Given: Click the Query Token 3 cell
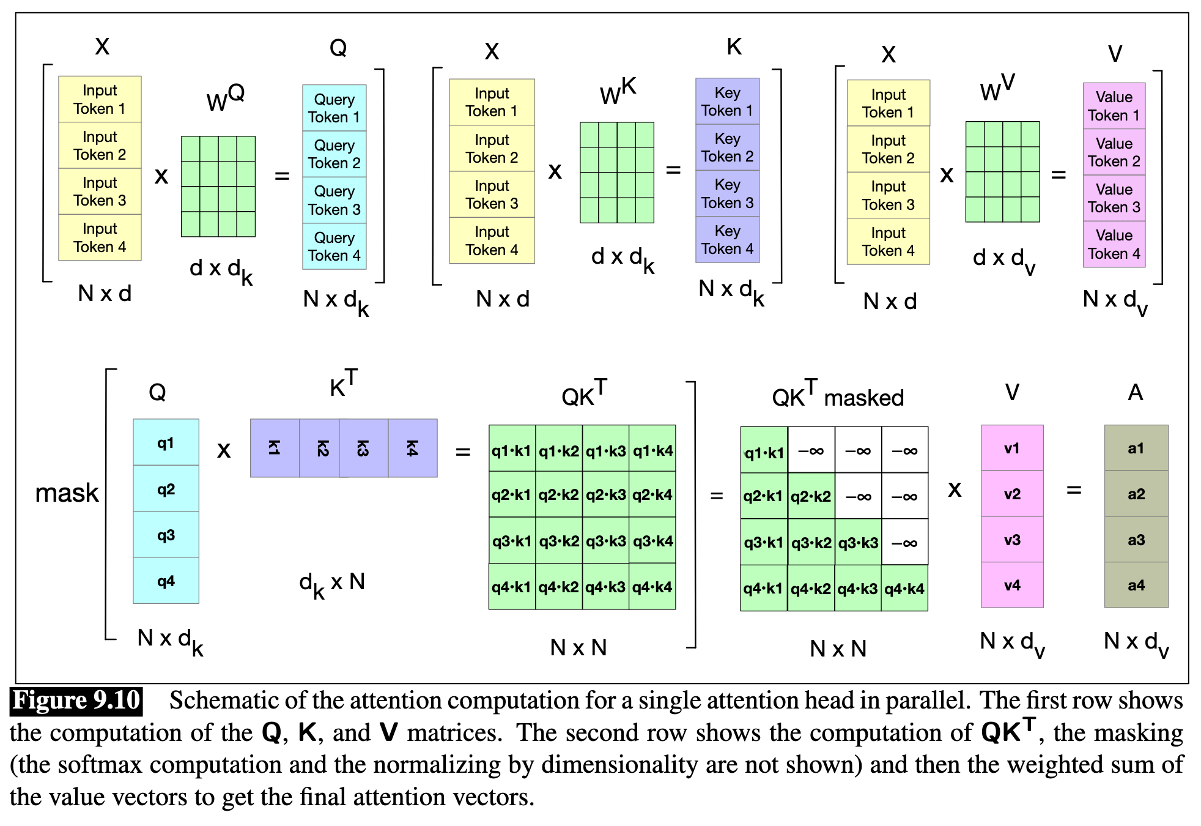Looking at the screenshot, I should click(x=334, y=200).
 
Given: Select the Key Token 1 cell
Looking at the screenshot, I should click(x=727, y=102).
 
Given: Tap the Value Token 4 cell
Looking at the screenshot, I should click(x=1114, y=244).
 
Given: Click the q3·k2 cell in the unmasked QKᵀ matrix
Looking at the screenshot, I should click(x=559, y=541).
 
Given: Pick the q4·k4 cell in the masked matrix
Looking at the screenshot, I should click(x=904, y=589).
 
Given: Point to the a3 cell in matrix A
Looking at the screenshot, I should click(x=1136, y=540).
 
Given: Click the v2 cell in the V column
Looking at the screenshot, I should click(x=1012, y=494).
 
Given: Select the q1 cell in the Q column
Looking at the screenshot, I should click(x=166, y=442).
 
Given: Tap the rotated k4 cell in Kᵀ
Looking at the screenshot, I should click(x=413, y=448).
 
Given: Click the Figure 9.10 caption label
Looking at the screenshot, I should click(x=76, y=701).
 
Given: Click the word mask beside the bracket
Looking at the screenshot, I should click(x=67, y=493).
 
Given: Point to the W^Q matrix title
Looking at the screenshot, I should click(x=225, y=98).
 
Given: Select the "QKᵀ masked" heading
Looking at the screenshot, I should click(x=837, y=396).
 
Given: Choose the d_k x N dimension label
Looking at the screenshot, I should click(x=332, y=583).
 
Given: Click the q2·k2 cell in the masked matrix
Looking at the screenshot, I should click(x=811, y=496).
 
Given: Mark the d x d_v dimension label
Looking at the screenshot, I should click(x=1003, y=259).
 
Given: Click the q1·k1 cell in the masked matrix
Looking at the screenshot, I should click(x=764, y=452).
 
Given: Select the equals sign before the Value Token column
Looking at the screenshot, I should click(x=1059, y=175).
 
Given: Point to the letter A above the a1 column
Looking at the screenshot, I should click(x=1135, y=392).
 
